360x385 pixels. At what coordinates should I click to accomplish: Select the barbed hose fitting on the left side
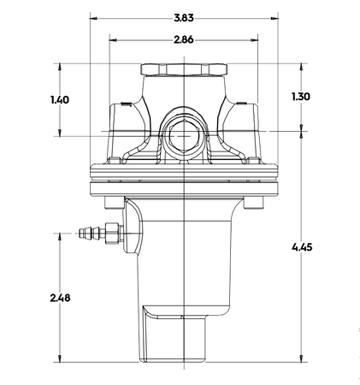93,232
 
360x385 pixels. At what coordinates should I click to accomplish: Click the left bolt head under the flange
108,204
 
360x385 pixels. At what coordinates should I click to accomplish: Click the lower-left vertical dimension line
58,295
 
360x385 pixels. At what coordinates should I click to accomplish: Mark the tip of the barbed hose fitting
78,232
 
